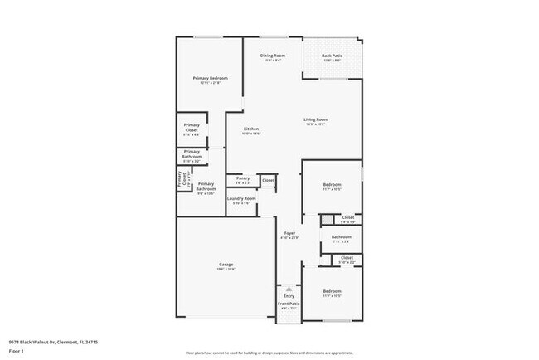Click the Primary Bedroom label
pyautogui.click(x=211, y=78)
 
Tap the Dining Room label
pyautogui.click(x=273, y=56)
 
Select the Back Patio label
pyautogui.click(x=333, y=56)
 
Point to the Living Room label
pyautogui.click(x=314, y=120)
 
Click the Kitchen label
pyautogui.click(x=251, y=129)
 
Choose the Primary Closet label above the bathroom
pyautogui.click(x=192, y=128)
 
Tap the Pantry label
pyautogui.click(x=243, y=178)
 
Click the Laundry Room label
pyautogui.click(x=243, y=198)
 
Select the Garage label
pyautogui.click(x=226, y=264)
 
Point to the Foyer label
pyautogui.click(x=289, y=233)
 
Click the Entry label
pyautogui.click(x=289, y=295)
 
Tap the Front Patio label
pyautogui.click(x=289, y=304)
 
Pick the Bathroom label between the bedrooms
pyautogui.click(x=342, y=237)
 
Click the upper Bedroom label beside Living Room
pyautogui.click(x=332, y=184)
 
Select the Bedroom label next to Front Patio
pyautogui.click(x=332, y=291)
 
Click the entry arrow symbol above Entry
pyautogui.click(x=289, y=288)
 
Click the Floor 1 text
pyautogui.click(x=17, y=352)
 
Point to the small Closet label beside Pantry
pyautogui.click(x=268, y=179)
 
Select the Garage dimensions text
pyautogui.click(x=226, y=269)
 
